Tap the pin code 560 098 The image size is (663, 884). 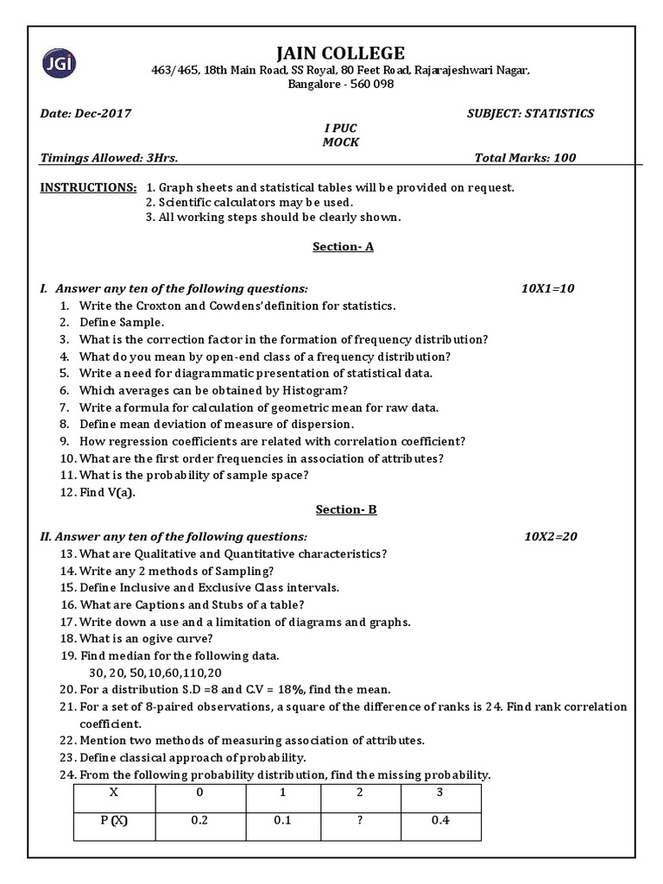point(369,85)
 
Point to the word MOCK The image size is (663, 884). point(340,142)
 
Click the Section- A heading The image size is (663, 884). point(343,246)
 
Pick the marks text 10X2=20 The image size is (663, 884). point(550,536)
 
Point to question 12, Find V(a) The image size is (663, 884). point(107,492)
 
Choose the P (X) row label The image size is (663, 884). point(113,821)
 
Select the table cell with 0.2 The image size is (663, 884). point(200,821)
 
